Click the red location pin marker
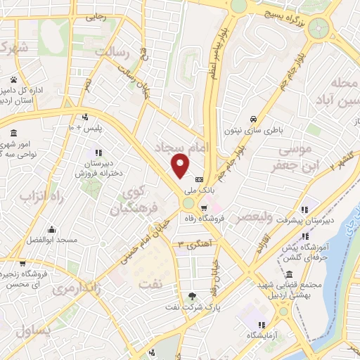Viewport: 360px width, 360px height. (181, 165)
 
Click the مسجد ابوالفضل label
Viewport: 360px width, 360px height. (51, 240)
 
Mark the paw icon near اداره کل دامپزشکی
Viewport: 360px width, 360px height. (14, 79)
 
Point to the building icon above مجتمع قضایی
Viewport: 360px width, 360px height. (289, 273)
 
